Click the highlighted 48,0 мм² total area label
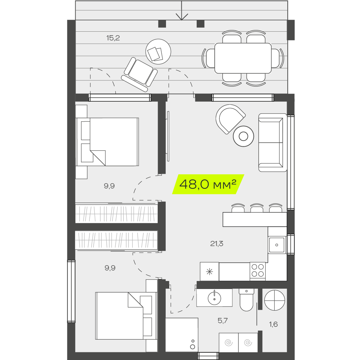click(208, 184)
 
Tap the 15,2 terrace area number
click(113, 38)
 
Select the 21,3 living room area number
click(217, 243)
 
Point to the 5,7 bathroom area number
click(223, 321)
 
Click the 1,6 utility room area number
click(273, 324)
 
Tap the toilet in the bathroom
click(246, 300)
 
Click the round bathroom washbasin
click(214, 298)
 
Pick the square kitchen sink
click(277, 245)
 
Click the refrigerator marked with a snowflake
click(209, 272)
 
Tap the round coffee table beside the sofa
click(243, 136)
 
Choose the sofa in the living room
click(273, 143)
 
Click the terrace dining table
click(243, 58)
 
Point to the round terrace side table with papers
click(158, 52)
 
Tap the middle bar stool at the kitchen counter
click(257, 208)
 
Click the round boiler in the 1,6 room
click(275, 300)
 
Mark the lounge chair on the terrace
click(140, 74)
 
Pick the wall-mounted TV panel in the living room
click(168, 136)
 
